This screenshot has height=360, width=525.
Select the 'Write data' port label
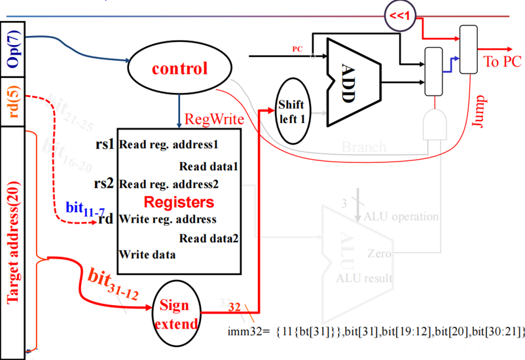(x=147, y=253)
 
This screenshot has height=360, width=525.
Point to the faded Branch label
(x=364, y=148)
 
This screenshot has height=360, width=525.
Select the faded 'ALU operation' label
(x=401, y=216)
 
